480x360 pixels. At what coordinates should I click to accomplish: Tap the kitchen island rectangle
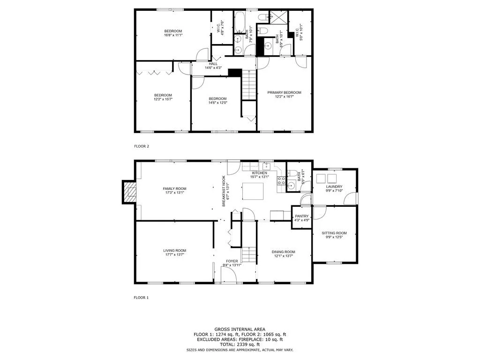253,191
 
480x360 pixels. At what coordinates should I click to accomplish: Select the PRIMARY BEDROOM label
284,92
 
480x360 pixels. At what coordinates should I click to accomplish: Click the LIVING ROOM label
174,250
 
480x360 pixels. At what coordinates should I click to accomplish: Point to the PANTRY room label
302,216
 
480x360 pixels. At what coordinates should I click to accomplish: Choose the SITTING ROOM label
334,233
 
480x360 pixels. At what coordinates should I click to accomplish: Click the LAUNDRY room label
334,187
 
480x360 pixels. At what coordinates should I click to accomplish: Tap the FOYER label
232,261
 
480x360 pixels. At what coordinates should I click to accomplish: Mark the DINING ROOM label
284,252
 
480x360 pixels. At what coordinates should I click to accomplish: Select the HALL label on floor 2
213,64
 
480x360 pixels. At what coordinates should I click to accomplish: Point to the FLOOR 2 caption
142,146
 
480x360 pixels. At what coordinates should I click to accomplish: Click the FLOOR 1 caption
141,298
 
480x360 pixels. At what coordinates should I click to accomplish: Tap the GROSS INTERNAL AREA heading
240,330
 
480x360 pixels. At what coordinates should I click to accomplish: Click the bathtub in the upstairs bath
239,22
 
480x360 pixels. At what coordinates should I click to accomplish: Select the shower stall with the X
278,17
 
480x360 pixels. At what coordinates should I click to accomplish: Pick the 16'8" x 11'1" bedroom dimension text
173,35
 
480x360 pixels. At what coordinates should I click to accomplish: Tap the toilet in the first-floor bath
292,173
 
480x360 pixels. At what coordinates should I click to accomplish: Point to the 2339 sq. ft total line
240,345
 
